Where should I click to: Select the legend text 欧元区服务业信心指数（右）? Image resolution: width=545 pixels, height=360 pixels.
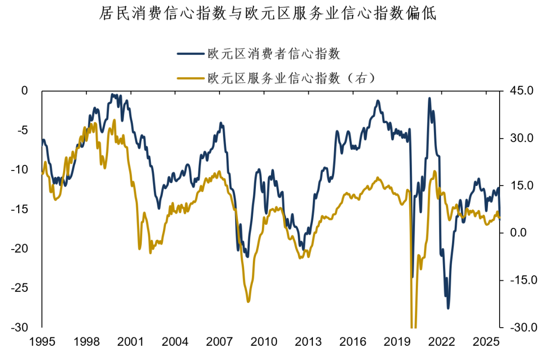[292, 78]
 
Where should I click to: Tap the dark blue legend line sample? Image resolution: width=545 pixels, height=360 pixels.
[190, 53]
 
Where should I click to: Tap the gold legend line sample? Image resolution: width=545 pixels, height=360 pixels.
[190, 78]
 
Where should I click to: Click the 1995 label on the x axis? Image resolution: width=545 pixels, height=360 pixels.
[42, 342]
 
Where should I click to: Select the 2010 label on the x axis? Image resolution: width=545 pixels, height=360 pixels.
[263, 342]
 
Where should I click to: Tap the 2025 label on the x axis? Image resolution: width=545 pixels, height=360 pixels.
[485, 342]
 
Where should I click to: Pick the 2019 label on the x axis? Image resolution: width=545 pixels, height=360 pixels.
[396, 342]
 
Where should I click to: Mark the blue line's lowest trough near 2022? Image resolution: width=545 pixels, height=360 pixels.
[448, 308]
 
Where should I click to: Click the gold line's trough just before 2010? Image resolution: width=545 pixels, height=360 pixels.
[248, 302]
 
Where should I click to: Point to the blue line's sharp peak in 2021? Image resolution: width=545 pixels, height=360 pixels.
[429, 99]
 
